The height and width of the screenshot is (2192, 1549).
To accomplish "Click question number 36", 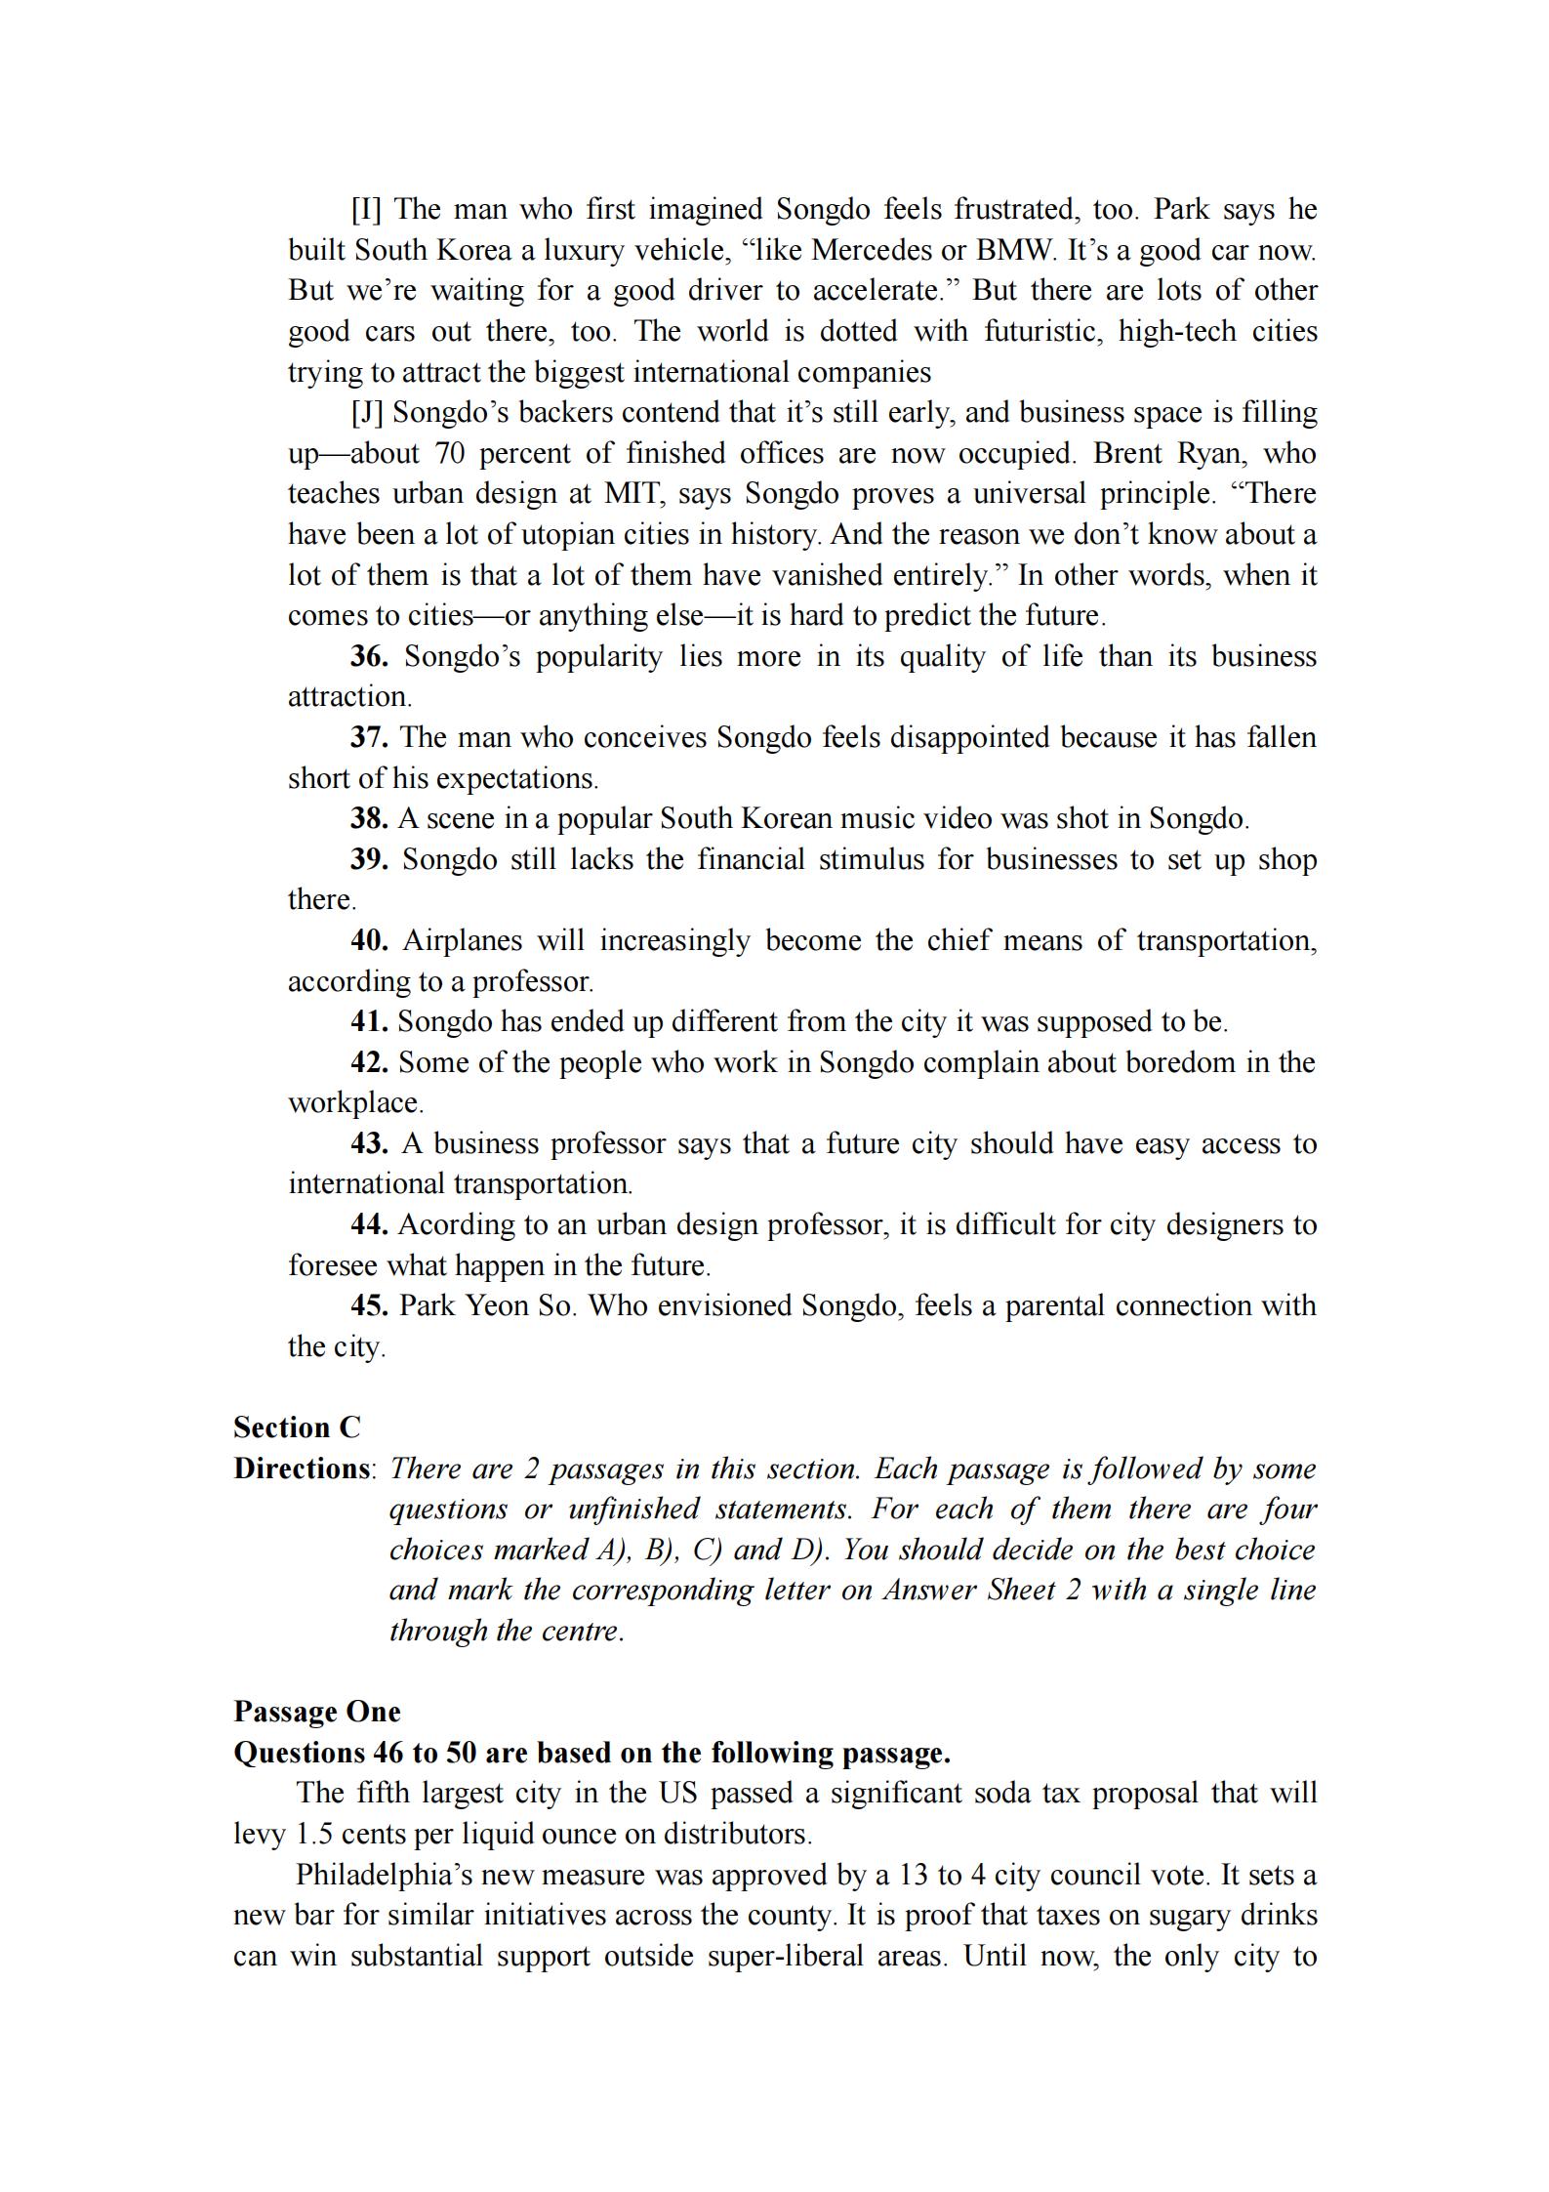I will [x=369, y=656].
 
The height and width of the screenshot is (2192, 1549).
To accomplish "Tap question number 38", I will [x=369, y=818].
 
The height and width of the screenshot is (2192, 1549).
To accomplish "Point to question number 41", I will [x=369, y=1022].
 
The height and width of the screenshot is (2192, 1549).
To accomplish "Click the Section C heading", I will [x=297, y=1428].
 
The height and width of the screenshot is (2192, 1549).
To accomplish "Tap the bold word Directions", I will [x=302, y=1469].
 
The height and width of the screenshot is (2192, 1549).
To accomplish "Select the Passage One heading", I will [x=317, y=1712].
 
